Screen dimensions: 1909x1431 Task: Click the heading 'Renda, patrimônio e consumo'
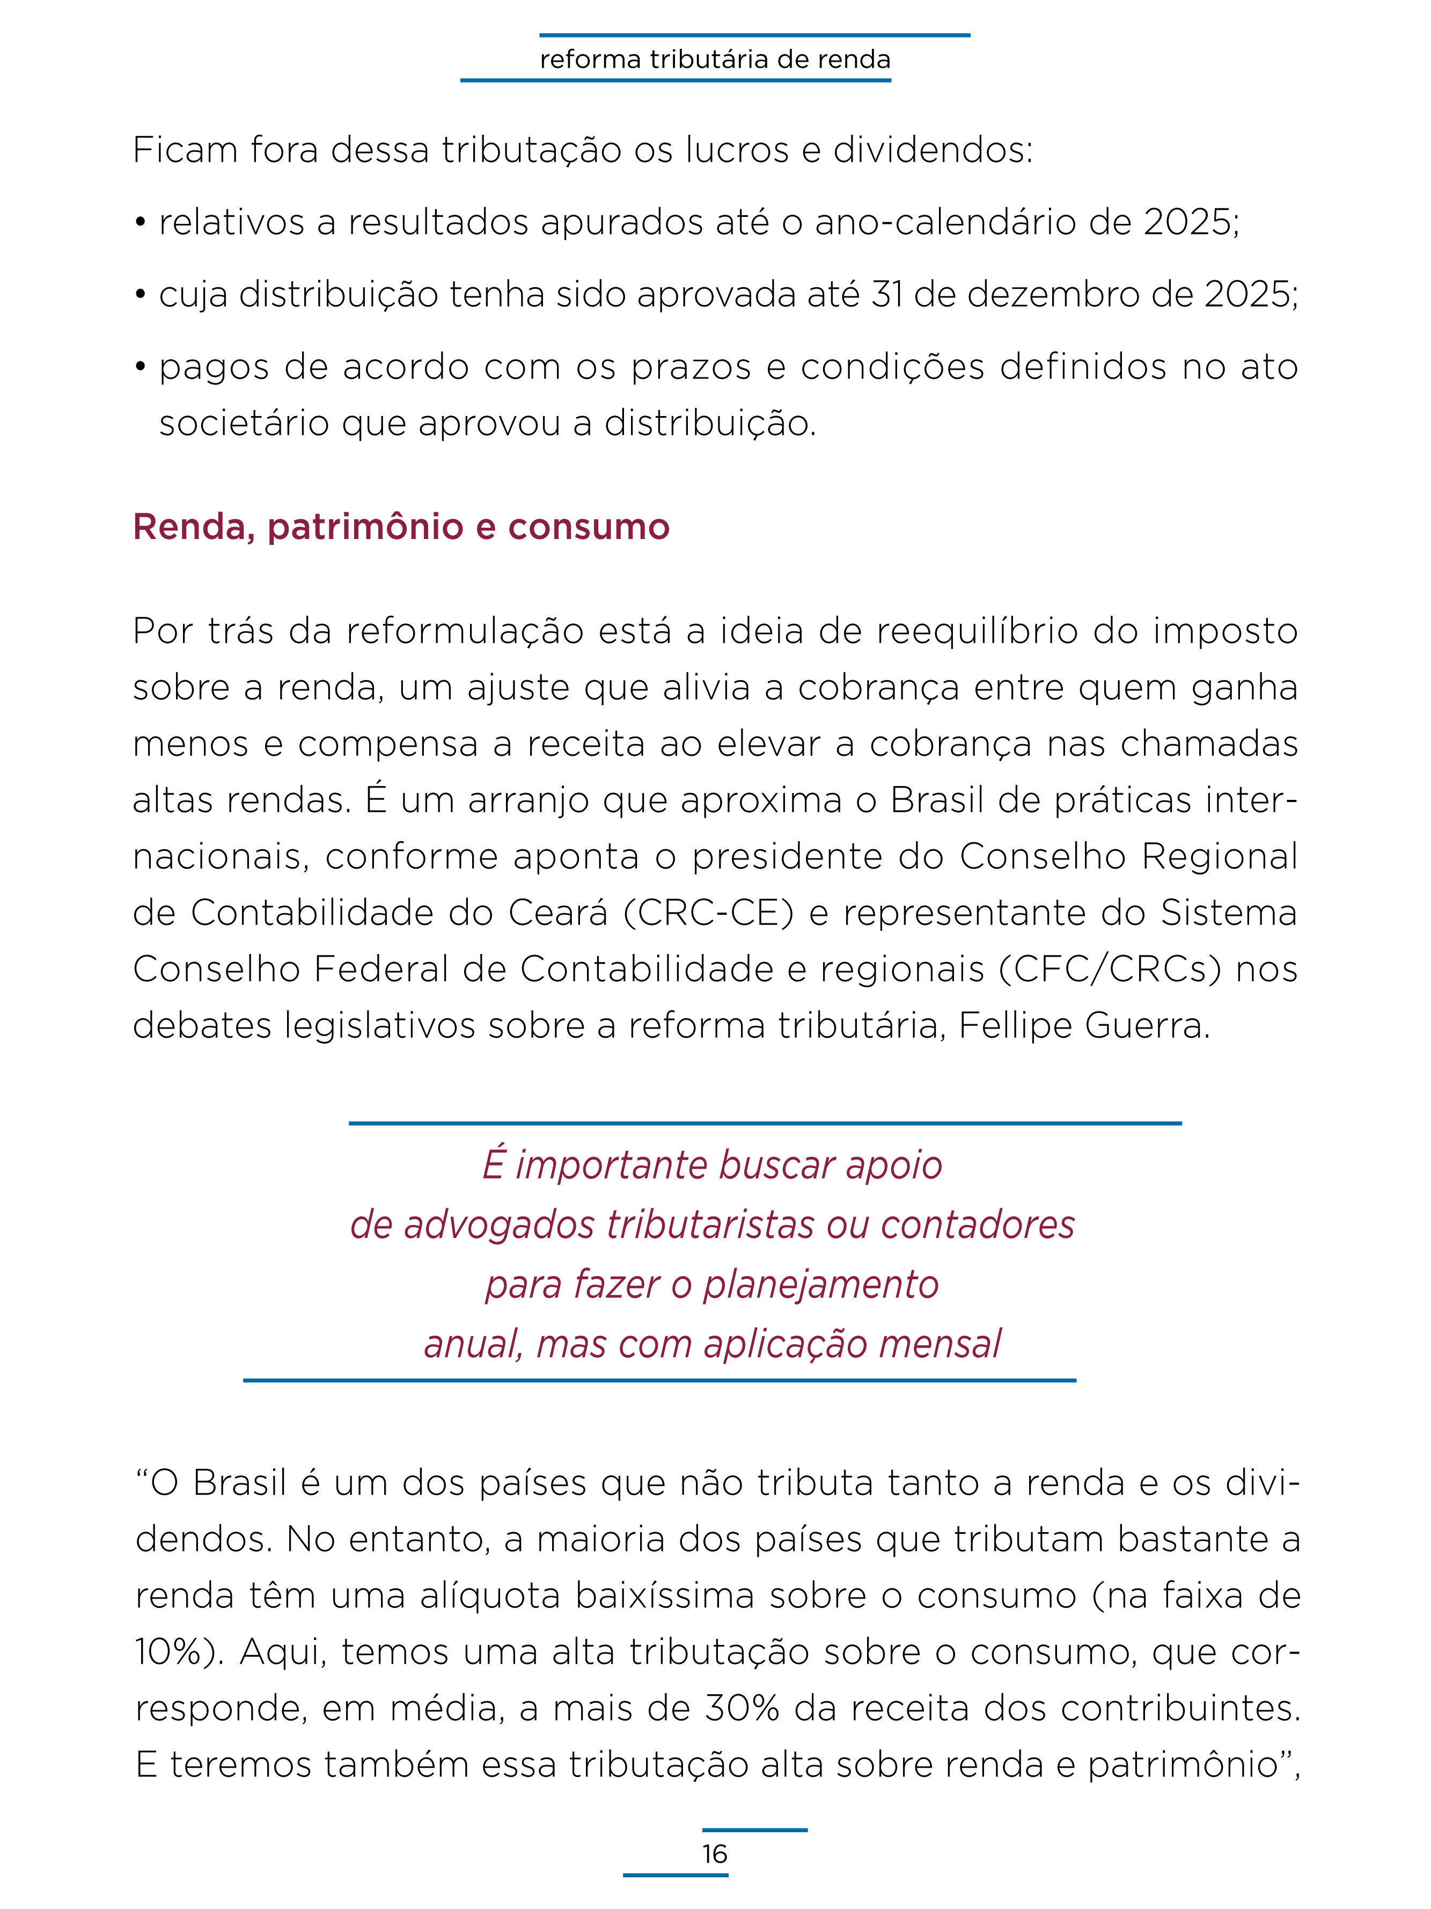pyautogui.click(x=401, y=527)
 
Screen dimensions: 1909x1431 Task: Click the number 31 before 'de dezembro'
pyautogui.click(x=887, y=295)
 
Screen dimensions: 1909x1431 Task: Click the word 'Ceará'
pyautogui.click(x=557, y=913)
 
